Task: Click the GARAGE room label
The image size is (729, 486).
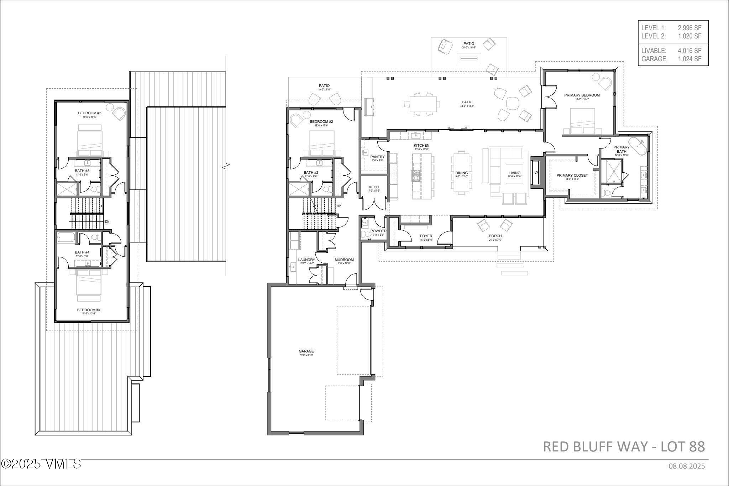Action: [306, 351]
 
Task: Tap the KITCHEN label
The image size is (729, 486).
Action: [421, 145]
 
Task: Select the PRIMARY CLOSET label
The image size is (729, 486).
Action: [572, 175]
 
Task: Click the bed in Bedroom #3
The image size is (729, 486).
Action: [90, 141]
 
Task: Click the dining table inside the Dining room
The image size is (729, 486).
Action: [461, 173]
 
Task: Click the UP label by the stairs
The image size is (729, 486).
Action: [339, 206]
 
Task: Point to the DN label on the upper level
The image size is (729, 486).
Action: [107, 222]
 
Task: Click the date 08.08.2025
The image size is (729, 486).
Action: [686, 466]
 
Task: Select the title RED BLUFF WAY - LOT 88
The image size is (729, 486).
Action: [624, 446]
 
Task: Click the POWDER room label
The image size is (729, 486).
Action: [378, 231]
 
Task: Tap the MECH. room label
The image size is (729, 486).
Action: [374, 187]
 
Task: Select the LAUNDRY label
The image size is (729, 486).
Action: [306, 260]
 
